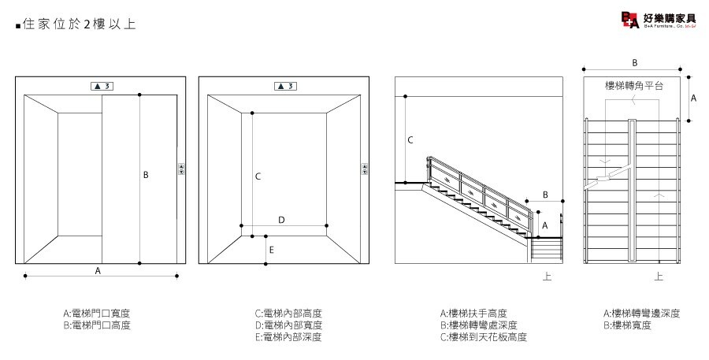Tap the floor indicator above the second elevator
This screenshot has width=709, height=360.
coord(284,85)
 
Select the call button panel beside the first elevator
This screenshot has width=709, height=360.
coord(182,169)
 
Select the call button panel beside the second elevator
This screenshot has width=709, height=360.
coord(365,169)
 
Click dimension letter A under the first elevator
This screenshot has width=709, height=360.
coord(98,270)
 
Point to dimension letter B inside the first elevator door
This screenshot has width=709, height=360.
coord(146,175)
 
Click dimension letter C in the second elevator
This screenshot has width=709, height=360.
coord(258,177)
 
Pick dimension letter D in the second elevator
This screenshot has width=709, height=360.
coord(281,220)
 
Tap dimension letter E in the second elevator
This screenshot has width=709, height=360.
coord(271,251)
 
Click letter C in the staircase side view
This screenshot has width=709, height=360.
coord(410,140)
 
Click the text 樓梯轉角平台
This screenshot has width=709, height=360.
coord(634,84)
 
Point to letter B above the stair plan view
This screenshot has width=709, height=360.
coord(635,61)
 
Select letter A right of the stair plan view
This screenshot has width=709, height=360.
coord(693,98)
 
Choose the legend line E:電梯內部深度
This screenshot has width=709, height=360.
coord(288,337)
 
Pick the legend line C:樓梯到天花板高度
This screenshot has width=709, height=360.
coord(483,337)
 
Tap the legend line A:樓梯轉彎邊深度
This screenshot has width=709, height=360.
coord(641,313)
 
